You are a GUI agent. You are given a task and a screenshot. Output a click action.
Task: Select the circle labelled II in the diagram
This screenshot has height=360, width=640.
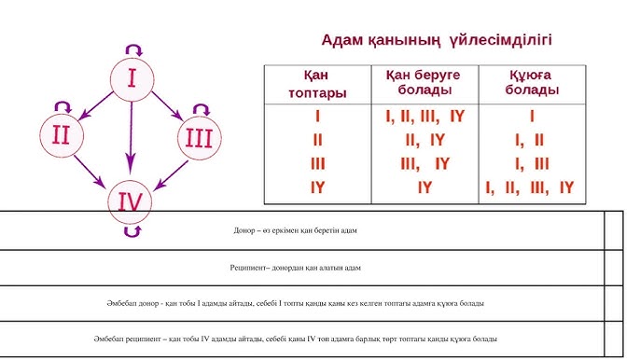coord(61,133)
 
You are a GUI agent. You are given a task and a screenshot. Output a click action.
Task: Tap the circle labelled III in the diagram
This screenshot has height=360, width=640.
coord(199,138)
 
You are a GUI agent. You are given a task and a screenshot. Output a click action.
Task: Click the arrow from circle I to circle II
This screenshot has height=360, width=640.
coord(94,106)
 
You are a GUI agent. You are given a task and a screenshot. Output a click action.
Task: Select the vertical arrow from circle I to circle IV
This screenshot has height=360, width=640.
coord(132,140)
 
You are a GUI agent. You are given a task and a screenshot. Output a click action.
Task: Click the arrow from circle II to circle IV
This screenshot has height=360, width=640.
coord(93,170)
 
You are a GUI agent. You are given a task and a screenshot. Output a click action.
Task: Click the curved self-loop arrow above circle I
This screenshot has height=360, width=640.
coord(132,47)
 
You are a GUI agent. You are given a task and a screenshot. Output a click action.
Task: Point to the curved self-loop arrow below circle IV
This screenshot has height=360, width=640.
coord(132,231)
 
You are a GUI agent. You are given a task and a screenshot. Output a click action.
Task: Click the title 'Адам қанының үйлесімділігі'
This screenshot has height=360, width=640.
coord(436,40)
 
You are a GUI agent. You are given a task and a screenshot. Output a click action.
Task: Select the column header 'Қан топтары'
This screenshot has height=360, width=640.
coord(317,83)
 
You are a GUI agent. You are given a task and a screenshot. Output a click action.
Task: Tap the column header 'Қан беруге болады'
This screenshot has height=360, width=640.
coord(424,83)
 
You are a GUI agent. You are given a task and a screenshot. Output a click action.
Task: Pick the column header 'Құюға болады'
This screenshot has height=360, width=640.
coord(532,83)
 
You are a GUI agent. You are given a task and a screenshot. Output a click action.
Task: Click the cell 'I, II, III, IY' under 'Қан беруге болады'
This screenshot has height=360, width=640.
coord(424,118)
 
